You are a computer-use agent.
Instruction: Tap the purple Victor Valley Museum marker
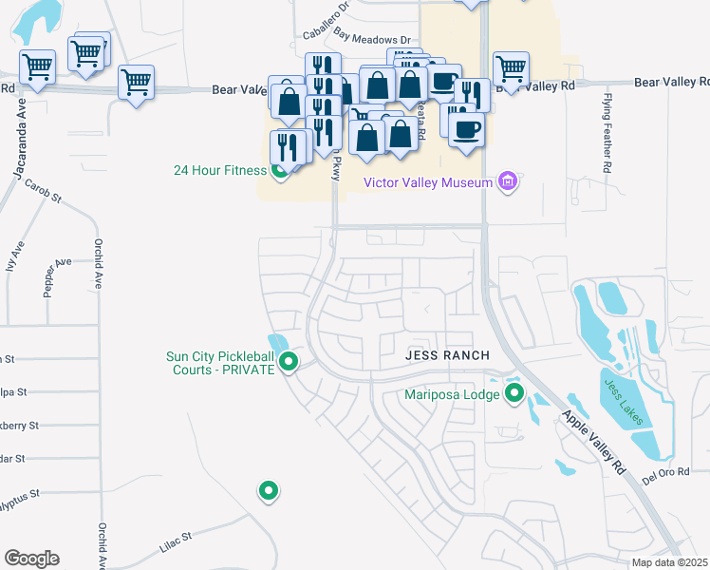coord(508,181)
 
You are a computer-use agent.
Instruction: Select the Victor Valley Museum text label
coord(428,181)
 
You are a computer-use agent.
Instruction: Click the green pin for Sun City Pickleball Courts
coord(290,362)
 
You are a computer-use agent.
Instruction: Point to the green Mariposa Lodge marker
coord(514,392)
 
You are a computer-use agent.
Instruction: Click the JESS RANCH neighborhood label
coord(446,355)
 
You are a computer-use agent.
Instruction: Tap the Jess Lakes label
coord(623,401)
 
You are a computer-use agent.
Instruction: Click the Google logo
coord(31,559)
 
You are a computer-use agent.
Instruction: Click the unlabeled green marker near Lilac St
coord(269,490)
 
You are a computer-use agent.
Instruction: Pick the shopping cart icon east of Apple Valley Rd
coord(511,67)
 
